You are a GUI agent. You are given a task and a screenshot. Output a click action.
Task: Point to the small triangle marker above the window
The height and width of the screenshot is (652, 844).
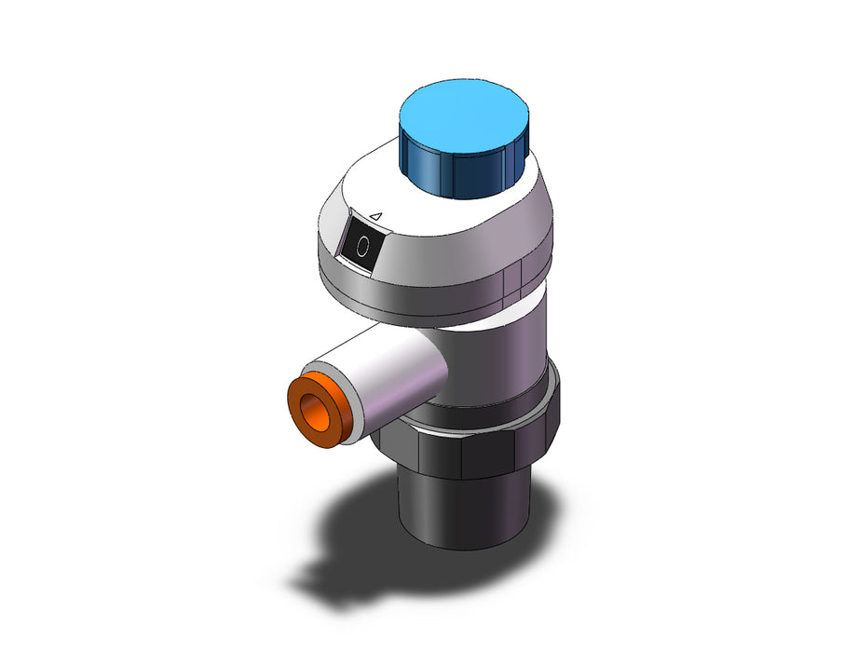pyautogui.click(x=376, y=216)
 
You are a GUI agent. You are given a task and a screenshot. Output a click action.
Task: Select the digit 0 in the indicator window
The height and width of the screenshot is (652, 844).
pyautogui.click(x=362, y=246)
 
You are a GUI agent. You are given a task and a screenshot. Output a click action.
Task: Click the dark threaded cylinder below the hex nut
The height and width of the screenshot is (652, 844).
pyautogui.click(x=464, y=509)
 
